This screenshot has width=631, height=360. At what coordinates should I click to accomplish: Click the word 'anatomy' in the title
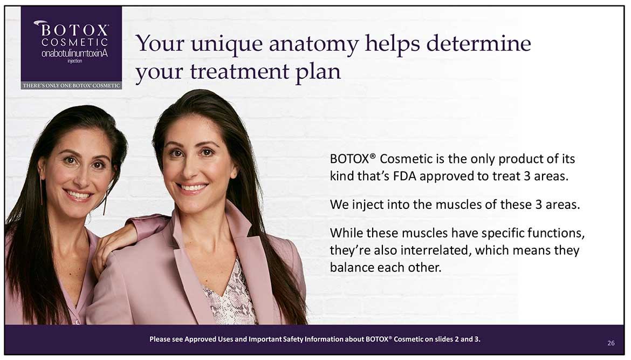313,44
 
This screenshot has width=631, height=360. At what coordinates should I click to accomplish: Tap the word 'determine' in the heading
478,43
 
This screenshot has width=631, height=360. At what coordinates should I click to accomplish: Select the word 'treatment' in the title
239,72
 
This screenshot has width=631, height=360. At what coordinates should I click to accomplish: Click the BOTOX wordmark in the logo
74,30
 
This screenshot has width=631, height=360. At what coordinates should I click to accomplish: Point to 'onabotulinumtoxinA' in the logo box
74,53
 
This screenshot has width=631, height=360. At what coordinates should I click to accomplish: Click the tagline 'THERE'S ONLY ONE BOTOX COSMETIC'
71,85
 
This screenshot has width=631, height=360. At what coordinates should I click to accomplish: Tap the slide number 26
611,343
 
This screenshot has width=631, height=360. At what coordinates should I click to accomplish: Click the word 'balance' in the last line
351,267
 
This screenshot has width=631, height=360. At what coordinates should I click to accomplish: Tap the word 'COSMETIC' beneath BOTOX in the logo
74,42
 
